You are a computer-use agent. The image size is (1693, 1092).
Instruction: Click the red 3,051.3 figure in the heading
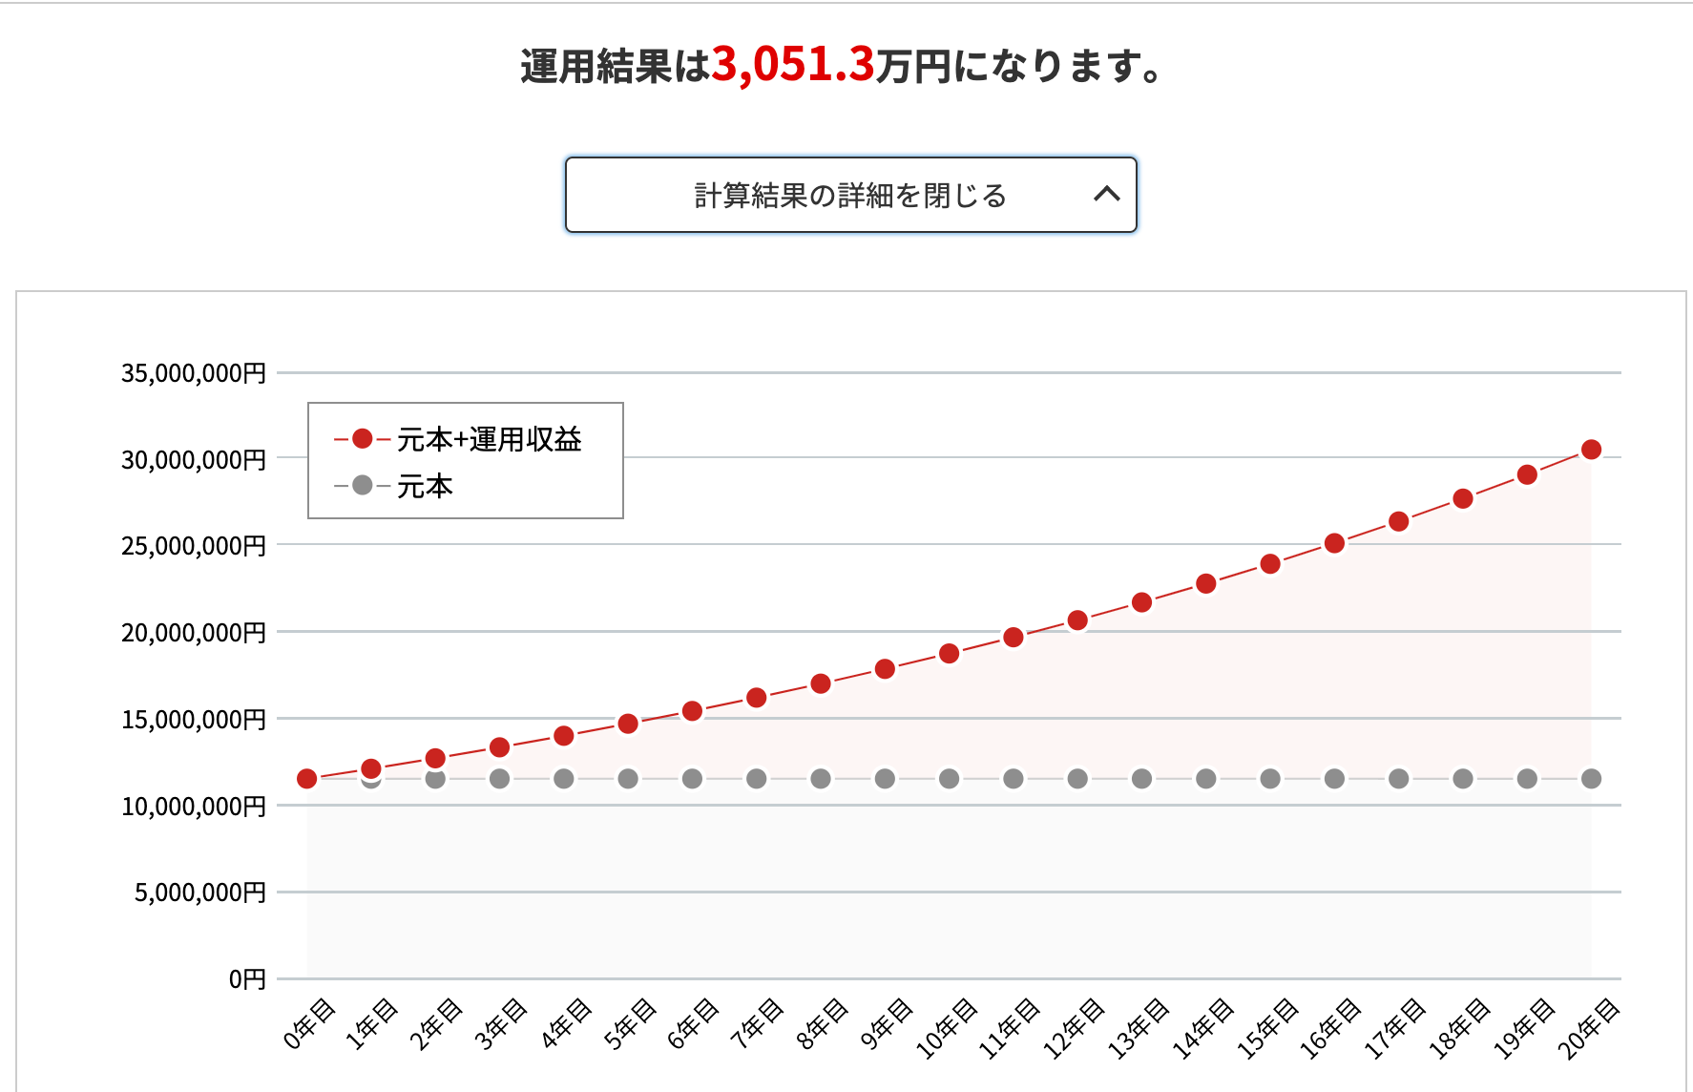coord(792,65)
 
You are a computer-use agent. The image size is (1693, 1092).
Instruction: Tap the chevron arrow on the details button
coord(1106,195)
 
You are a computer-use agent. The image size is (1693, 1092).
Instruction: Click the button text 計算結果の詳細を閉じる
coord(849,196)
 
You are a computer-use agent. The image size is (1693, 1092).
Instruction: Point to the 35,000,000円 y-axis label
coord(193,373)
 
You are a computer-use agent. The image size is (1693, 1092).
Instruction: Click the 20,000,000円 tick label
coord(193,633)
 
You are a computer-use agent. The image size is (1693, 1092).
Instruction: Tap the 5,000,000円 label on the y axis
coord(199,892)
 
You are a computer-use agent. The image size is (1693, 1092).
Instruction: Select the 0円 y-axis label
coord(247,979)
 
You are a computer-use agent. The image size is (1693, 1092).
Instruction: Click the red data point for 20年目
coord(1591,450)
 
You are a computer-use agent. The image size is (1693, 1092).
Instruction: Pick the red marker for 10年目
coord(949,654)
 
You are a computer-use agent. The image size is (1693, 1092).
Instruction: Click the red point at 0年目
coord(307,779)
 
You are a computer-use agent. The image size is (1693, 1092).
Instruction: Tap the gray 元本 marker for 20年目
coord(1591,779)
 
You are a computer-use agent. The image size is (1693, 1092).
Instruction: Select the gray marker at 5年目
coord(628,779)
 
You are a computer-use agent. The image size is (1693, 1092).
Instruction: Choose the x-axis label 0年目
coord(309,1023)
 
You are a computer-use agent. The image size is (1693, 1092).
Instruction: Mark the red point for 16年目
coord(1334,543)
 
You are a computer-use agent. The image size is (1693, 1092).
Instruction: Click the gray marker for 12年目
coord(1077,779)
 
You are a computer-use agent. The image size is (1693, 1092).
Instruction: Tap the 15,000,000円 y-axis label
coord(193,720)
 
